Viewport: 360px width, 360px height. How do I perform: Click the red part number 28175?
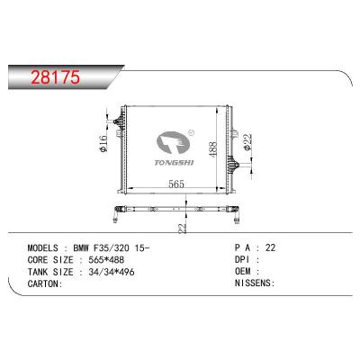pyautogui.click(x=56, y=77)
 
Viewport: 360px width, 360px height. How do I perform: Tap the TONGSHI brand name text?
pyautogui.click(x=174, y=163)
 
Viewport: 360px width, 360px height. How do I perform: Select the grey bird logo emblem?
pyautogui.click(x=173, y=144)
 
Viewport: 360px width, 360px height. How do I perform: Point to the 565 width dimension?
pyautogui.click(x=176, y=184)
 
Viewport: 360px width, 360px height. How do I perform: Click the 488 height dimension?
pyautogui.click(x=212, y=149)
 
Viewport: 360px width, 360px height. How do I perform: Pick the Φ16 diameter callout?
pyautogui.click(x=103, y=144)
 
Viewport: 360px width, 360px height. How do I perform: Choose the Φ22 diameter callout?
pyautogui.click(x=247, y=142)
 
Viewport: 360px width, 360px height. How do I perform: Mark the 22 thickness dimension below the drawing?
pyautogui.click(x=183, y=229)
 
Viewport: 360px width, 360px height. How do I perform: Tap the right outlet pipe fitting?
pyautogui.click(x=233, y=165)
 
